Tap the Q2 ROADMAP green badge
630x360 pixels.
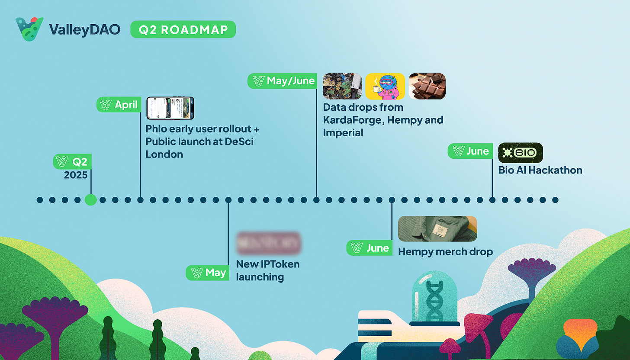click(183, 29)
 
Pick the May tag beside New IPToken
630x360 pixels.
click(208, 273)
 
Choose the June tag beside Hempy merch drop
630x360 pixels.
click(370, 248)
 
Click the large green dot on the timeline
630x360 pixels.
click(90, 200)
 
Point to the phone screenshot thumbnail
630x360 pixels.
click(170, 108)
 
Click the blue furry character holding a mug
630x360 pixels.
click(385, 86)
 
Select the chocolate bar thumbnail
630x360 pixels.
click(427, 86)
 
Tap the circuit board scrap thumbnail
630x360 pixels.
click(342, 86)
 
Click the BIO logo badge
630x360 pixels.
click(521, 153)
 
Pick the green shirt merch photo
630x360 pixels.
click(437, 228)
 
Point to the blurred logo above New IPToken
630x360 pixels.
click(268, 243)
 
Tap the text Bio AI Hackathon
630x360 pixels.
click(540, 170)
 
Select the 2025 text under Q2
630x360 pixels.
click(76, 175)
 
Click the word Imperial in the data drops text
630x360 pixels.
click(343, 132)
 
